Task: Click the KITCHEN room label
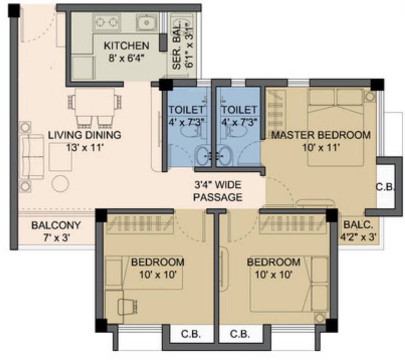(126, 45)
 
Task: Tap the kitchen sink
(145, 22)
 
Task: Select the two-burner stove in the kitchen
(107, 22)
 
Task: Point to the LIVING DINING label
(84, 135)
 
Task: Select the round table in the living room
(60, 183)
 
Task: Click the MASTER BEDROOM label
(321, 135)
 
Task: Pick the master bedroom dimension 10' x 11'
(321, 147)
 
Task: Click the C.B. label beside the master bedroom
(386, 186)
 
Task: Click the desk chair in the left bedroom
(126, 307)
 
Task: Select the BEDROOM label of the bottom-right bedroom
(273, 262)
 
